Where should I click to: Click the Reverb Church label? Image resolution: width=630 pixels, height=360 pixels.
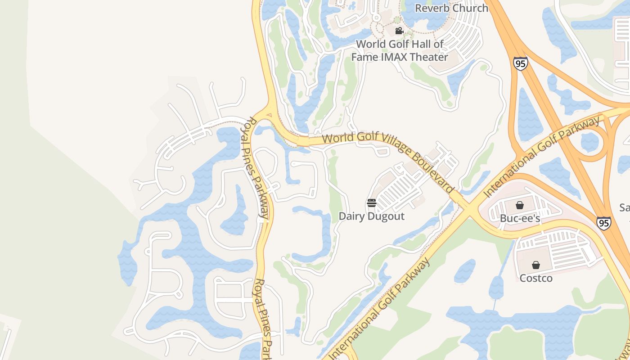click(451, 8)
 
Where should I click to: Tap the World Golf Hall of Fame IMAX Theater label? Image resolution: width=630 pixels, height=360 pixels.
click(400, 50)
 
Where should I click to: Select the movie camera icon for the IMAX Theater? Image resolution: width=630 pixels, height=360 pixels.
click(399, 31)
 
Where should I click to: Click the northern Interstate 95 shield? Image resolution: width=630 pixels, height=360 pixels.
click(520, 63)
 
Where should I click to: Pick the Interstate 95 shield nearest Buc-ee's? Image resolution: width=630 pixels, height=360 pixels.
click(603, 223)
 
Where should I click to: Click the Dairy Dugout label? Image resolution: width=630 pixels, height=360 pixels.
click(371, 216)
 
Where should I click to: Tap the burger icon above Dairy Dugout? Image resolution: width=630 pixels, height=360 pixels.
click(371, 203)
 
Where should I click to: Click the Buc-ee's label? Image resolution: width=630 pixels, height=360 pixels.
click(520, 218)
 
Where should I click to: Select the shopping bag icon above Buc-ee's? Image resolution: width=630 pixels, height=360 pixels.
click(520, 206)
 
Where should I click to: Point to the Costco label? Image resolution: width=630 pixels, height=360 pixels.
click(535, 278)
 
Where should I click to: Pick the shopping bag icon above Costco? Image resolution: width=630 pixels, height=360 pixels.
click(535, 265)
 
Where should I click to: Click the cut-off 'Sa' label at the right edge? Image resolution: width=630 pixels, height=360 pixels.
click(625, 207)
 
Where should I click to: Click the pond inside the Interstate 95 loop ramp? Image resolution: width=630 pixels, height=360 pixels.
click(590, 142)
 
